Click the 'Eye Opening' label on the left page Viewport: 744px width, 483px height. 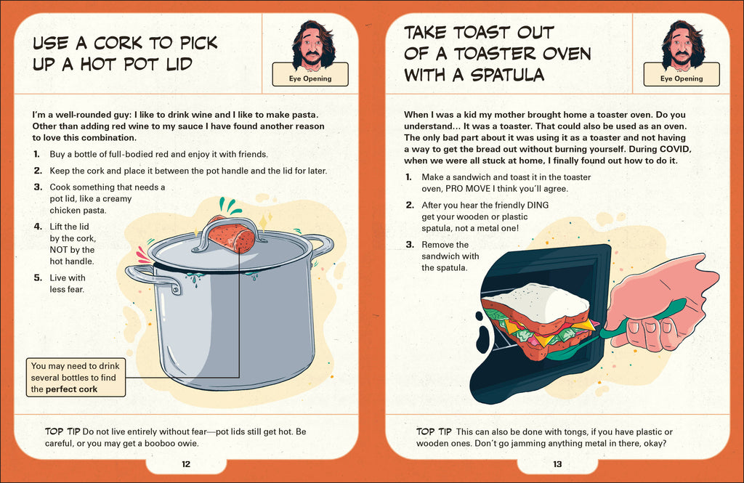(x=310, y=78)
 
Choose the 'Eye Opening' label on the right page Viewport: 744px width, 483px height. (x=682, y=78)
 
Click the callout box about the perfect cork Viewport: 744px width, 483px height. (x=75, y=378)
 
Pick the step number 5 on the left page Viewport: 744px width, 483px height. (x=37, y=277)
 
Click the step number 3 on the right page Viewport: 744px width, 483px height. (x=409, y=245)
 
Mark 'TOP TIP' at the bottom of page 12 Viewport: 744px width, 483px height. (x=62, y=432)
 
